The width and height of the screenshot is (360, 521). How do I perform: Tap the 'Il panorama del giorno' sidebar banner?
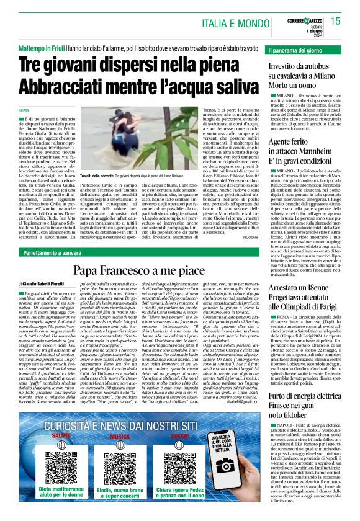point(295,49)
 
